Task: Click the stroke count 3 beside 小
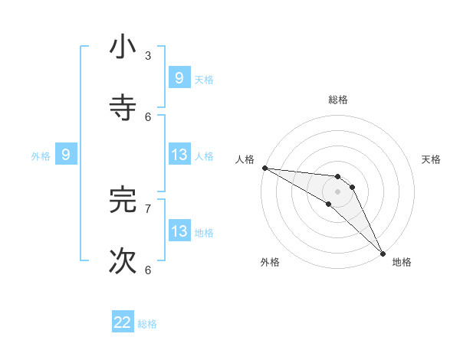tap(148, 55)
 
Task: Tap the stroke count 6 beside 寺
tap(148, 116)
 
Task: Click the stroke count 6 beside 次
tap(148, 270)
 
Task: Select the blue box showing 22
tap(123, 322)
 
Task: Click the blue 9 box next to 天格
tap(179, 77)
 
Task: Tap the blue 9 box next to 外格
tap(66, 155)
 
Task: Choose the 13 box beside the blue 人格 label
tap(179, 155)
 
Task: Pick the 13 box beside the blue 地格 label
tap(179, 231)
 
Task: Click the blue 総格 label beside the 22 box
tap(147, 323)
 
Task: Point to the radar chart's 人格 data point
tap(264, 168)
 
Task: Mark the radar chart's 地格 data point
tap(383, 253)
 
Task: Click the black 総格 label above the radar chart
tap(338, 100)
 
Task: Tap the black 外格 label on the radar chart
tap(270, 263)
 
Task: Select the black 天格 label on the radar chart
tap(431, 159)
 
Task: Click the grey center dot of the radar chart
tap(337, 191)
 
